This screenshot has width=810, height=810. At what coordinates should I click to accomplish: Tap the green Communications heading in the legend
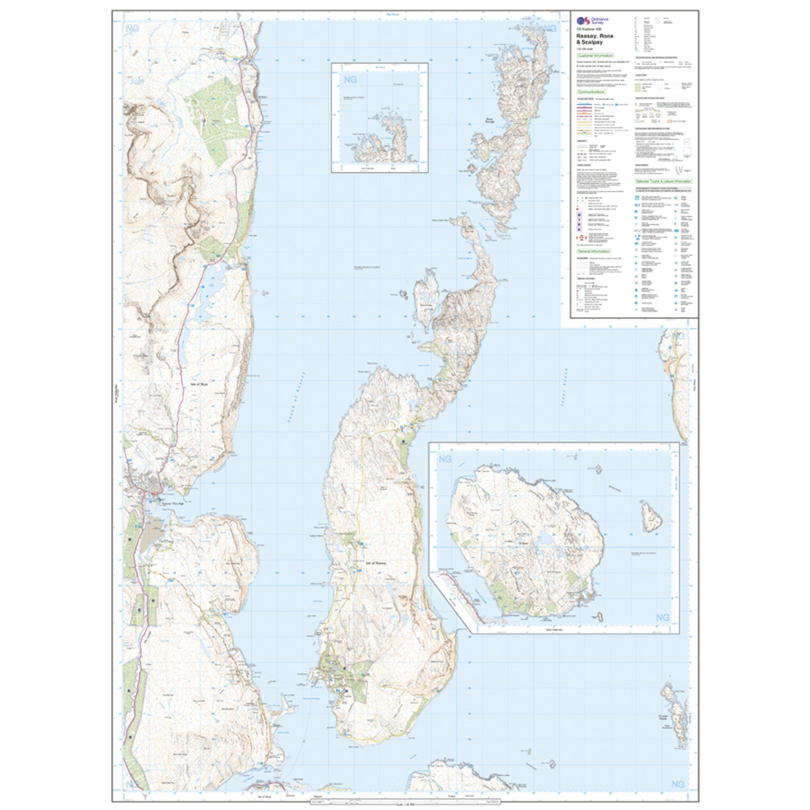coord(591,92)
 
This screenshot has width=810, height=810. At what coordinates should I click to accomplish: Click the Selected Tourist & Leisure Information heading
coord(663,181)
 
